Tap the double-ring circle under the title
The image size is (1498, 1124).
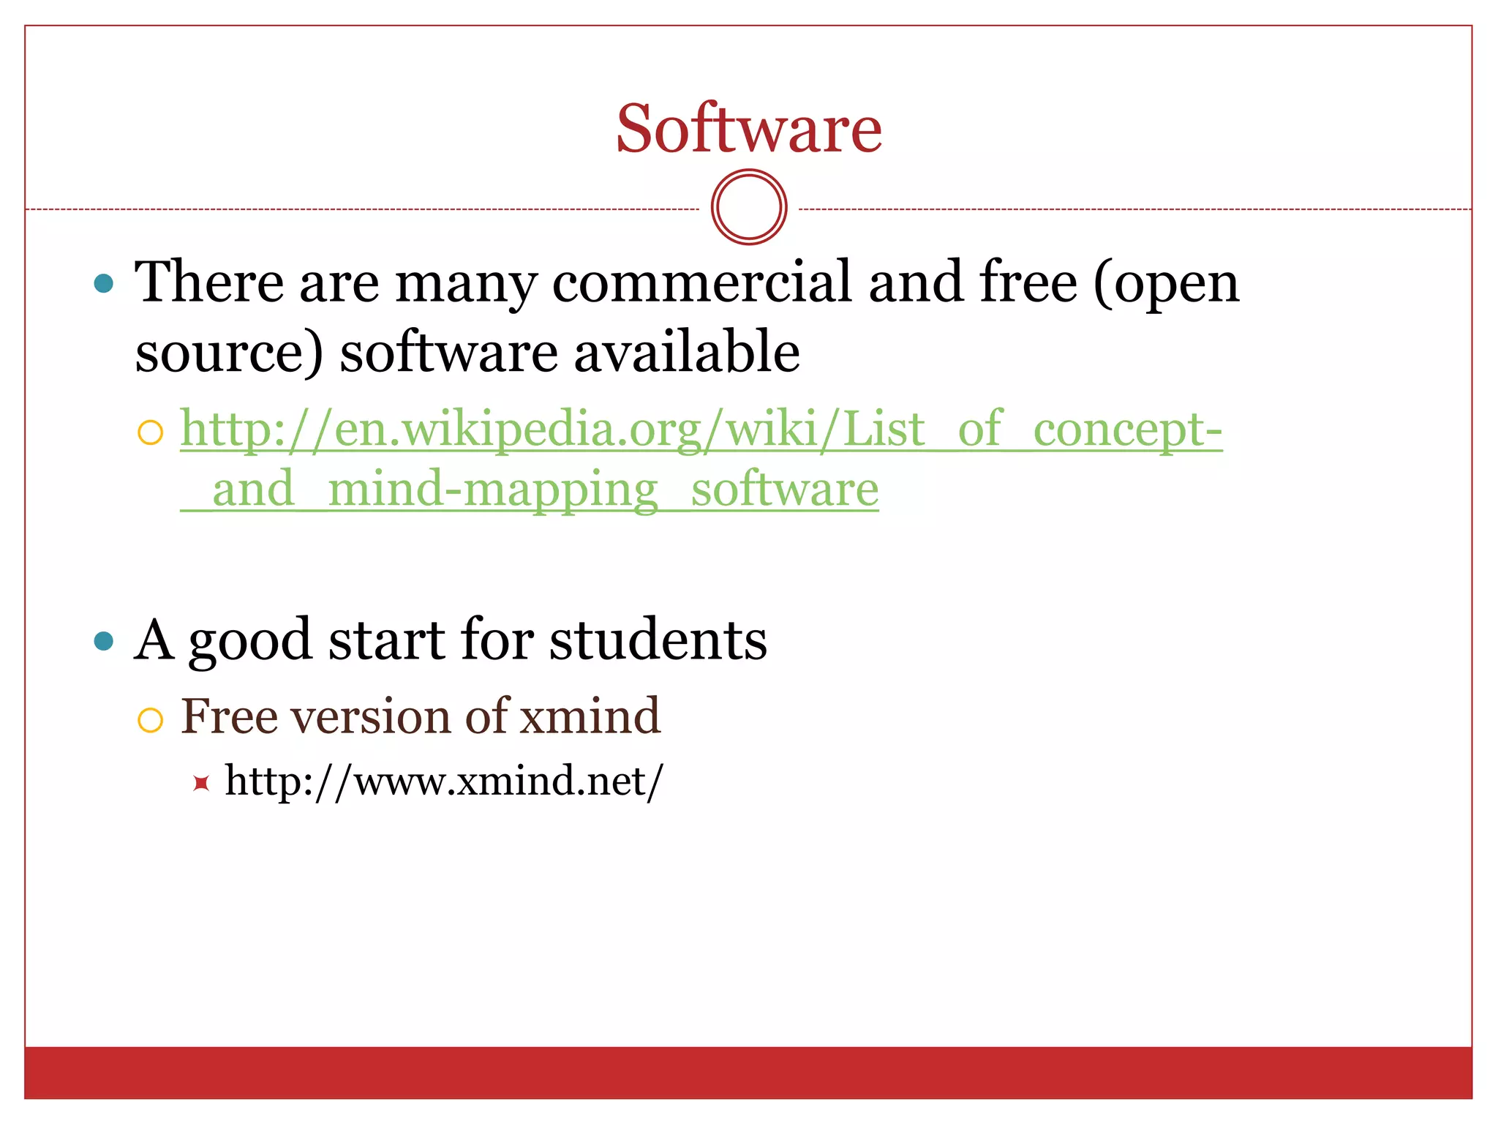point(749,207)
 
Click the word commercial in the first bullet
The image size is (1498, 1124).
point(701,282)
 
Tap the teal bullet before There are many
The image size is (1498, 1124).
point(105,283)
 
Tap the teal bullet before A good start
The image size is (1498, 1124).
point(105,641)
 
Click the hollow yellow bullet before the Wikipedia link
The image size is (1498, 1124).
point(150,432)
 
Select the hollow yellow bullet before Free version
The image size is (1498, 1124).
point(150,721)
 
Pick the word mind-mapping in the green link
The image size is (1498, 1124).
point(493,490)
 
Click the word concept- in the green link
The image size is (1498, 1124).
point(1127,430)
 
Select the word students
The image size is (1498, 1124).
point(658,640)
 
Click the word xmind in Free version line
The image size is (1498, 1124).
point(590,716)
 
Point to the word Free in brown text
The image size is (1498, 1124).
point(229,716)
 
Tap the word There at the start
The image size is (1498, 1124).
point(209,282)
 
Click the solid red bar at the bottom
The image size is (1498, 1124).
point(749,1073)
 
